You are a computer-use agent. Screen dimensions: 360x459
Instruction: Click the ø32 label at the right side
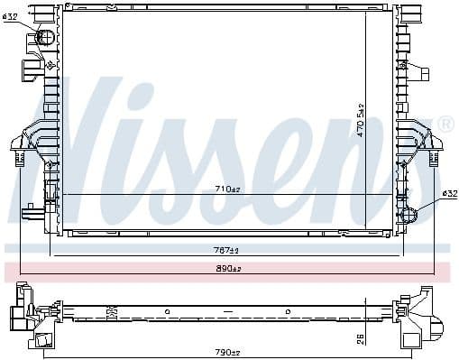[449, 193]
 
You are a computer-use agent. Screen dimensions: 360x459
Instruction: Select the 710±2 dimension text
[225, 189]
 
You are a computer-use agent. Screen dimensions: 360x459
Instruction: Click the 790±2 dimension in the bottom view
[226, 351]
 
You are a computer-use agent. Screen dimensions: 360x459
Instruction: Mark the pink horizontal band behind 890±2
[90, 269]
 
